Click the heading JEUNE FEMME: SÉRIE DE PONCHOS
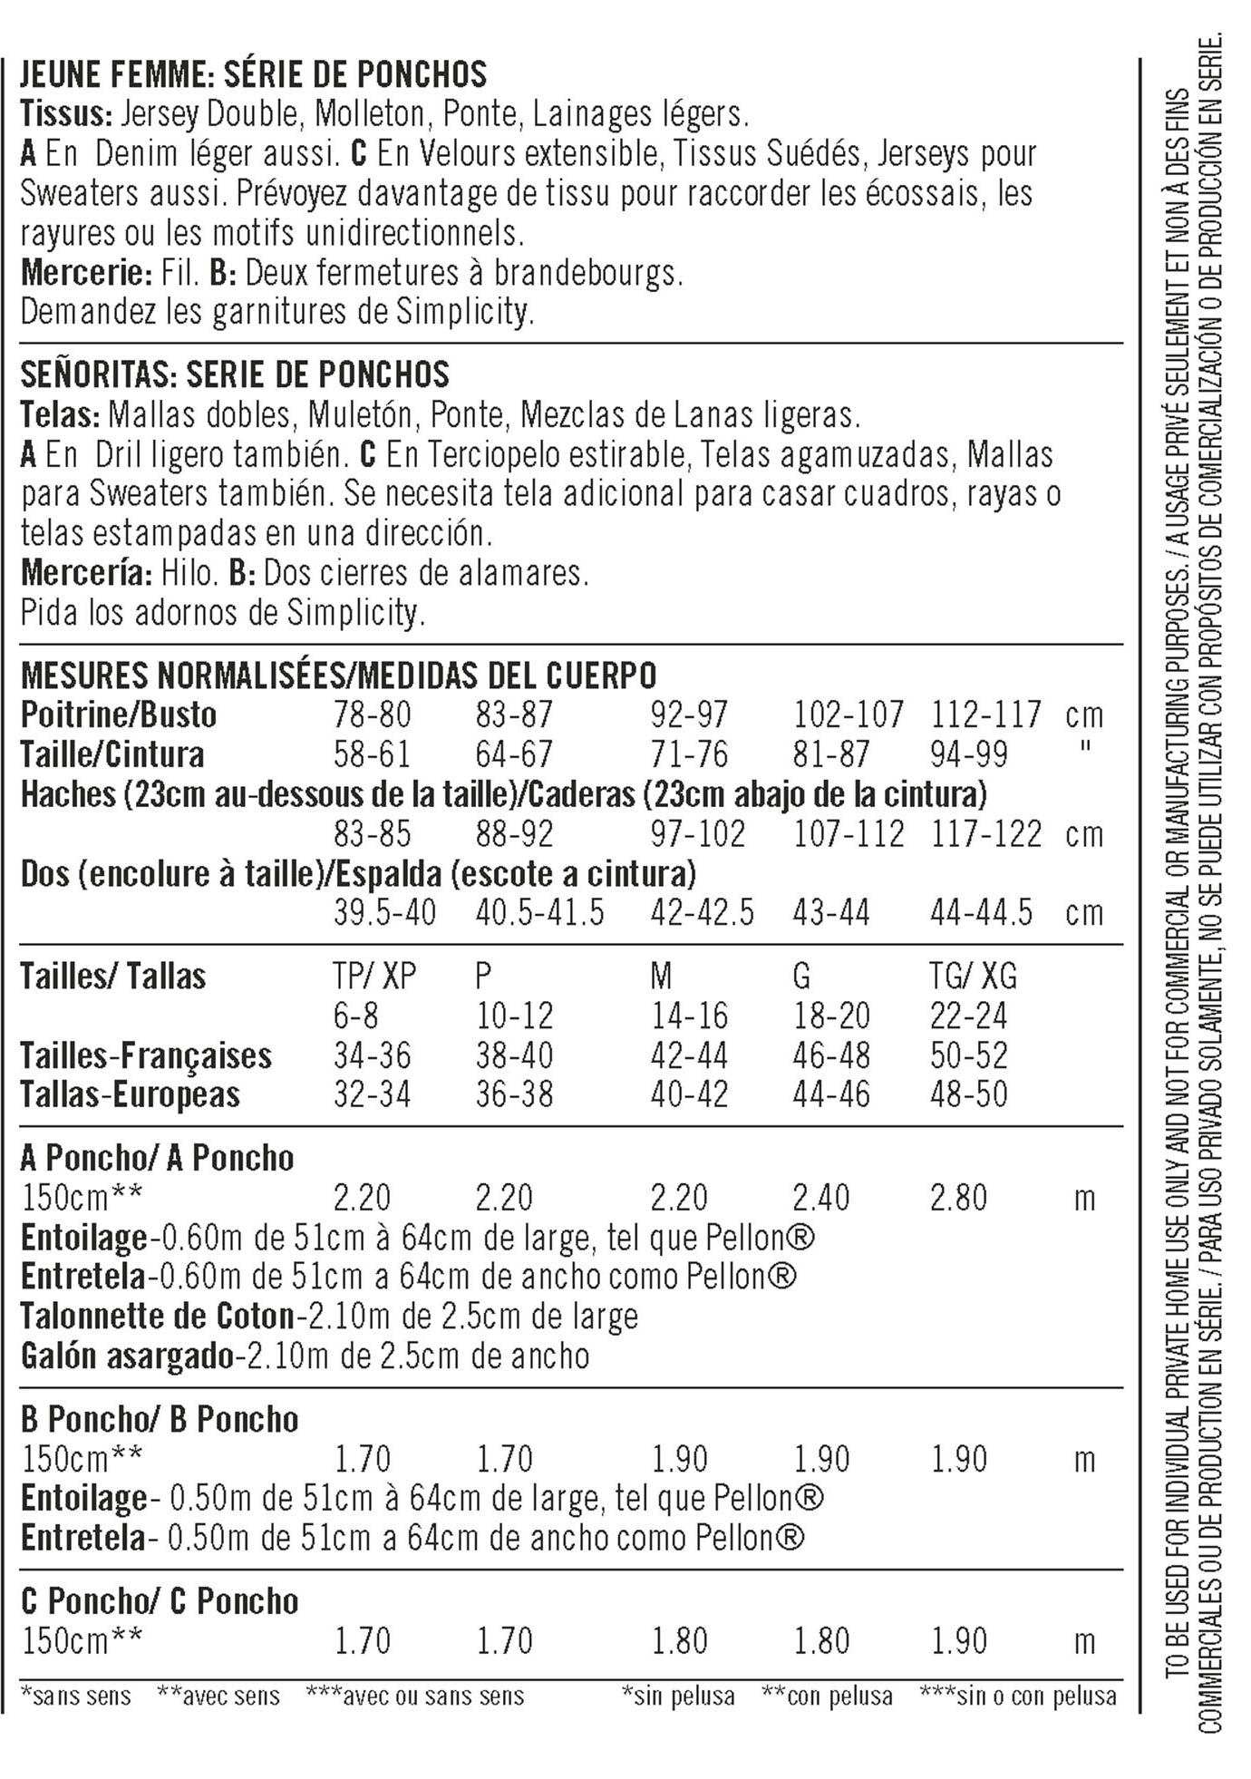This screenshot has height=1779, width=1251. (x=253, y=74)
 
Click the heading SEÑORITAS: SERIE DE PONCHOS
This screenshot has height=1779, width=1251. (x=235, y=374)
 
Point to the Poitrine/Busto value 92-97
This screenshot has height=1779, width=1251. (x=688, y=715)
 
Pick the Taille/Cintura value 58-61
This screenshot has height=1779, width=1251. (x=372, y=754)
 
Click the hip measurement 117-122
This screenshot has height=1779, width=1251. (x=986, y=834)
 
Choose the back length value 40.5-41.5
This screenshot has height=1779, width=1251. (x=539, y=913)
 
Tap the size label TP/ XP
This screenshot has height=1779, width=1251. (x=374, y=977)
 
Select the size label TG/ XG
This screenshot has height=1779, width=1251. (x=973, y=977)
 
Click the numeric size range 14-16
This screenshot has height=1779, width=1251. (x=689, y=1016)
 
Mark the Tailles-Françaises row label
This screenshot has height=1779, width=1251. (x=145, y=1056)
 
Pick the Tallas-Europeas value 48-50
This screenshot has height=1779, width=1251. (x=968, y=1095)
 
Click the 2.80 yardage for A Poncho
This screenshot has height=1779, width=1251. (x=958, y=1199)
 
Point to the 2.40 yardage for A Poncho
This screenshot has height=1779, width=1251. (x=820, y=1199)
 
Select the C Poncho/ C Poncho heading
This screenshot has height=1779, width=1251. (x=160, y=1602)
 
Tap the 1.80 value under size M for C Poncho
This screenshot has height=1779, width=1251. (x=679, y=1641)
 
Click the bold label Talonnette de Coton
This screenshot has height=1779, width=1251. (x=157, y=1317)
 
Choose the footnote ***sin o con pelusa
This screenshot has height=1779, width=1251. (x=1017, y=1696)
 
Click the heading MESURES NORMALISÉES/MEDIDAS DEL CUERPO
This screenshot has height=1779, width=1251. (x=338, y=676)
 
